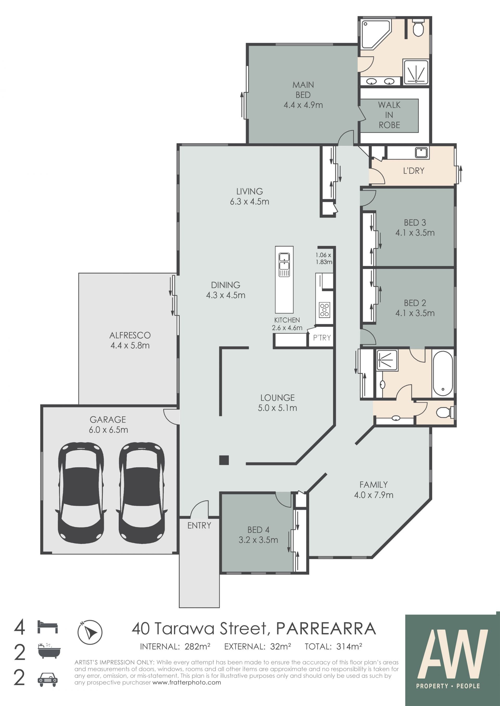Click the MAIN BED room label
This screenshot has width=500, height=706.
303,95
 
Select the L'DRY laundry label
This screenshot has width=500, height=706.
414,171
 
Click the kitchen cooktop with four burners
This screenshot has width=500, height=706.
324,310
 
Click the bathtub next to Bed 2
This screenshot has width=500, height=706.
443,374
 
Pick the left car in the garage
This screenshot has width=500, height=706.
81,493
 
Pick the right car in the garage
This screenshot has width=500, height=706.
142,493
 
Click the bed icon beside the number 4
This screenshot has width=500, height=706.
48,627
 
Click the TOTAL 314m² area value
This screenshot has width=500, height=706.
333,647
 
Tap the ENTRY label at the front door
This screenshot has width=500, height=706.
199,526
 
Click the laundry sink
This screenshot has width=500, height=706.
421,153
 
